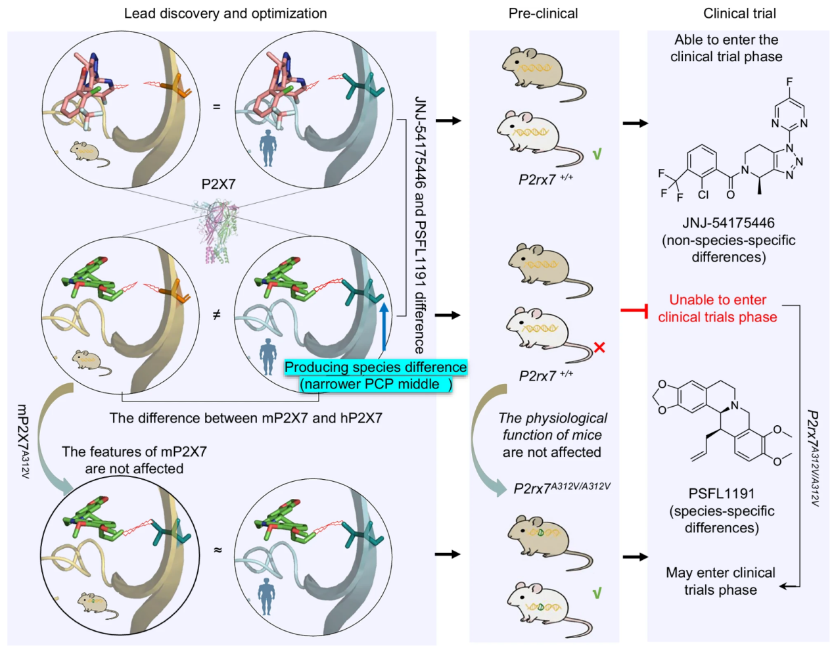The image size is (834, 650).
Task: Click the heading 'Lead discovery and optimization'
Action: coord(225,13)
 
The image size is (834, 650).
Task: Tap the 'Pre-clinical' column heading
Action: coord(543,13)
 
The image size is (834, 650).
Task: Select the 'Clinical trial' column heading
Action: coord(739,13)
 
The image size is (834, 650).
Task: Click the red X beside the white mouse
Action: coord(599,347)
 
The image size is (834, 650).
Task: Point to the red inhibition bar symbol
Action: coord(635,310)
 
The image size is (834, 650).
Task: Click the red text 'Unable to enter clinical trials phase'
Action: coord(718,308)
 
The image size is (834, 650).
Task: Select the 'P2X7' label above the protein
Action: coord(218,184)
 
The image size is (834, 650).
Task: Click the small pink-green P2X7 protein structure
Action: coord(219,230)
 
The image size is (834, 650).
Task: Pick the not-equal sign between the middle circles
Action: coord(216,315)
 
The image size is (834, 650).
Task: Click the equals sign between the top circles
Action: coord(216,106)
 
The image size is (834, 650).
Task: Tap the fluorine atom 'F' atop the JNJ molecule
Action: coord(789,81)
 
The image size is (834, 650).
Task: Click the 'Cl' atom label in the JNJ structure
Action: coord(703,195)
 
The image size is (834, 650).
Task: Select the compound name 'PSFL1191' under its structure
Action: coord(721,494)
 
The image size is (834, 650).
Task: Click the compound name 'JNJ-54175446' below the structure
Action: coord(728,223)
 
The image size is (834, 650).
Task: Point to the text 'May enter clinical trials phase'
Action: coord(720,581)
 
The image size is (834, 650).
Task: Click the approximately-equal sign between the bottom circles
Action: coord(218,550)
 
